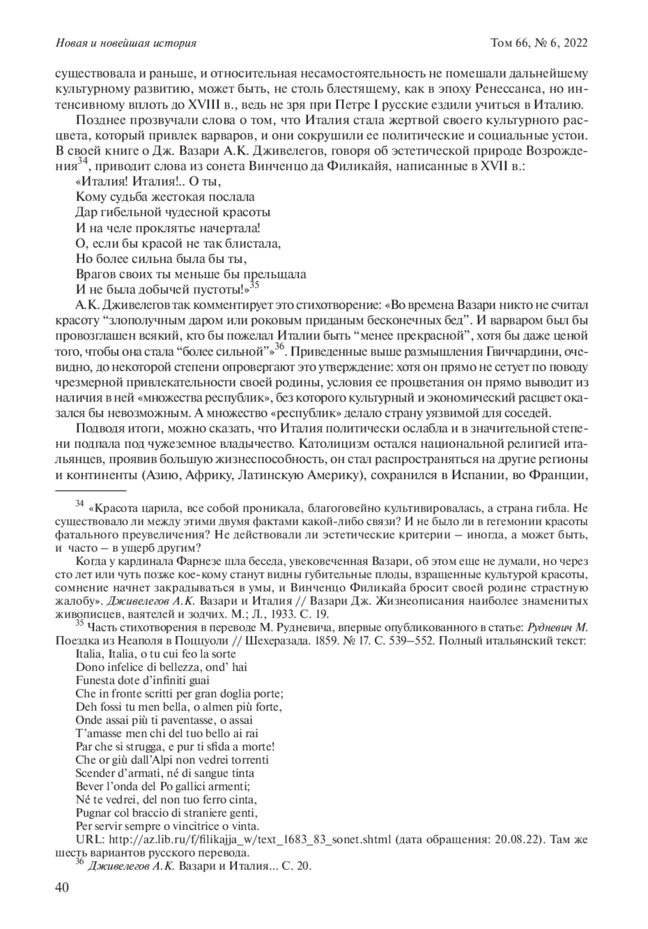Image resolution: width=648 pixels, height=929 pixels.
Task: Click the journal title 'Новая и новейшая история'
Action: click(126, 43)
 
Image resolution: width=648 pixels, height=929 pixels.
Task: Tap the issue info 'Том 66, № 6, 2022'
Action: click(538, 43)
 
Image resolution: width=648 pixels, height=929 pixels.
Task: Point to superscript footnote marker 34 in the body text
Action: click(82, 162)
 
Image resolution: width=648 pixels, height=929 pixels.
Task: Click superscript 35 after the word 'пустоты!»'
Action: click(255, 284)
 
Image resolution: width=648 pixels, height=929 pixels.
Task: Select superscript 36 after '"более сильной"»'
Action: click(279, 349)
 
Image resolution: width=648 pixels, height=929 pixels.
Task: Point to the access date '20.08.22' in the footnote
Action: click(543, 839)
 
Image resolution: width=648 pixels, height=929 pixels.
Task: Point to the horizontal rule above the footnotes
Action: click(91, 491)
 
